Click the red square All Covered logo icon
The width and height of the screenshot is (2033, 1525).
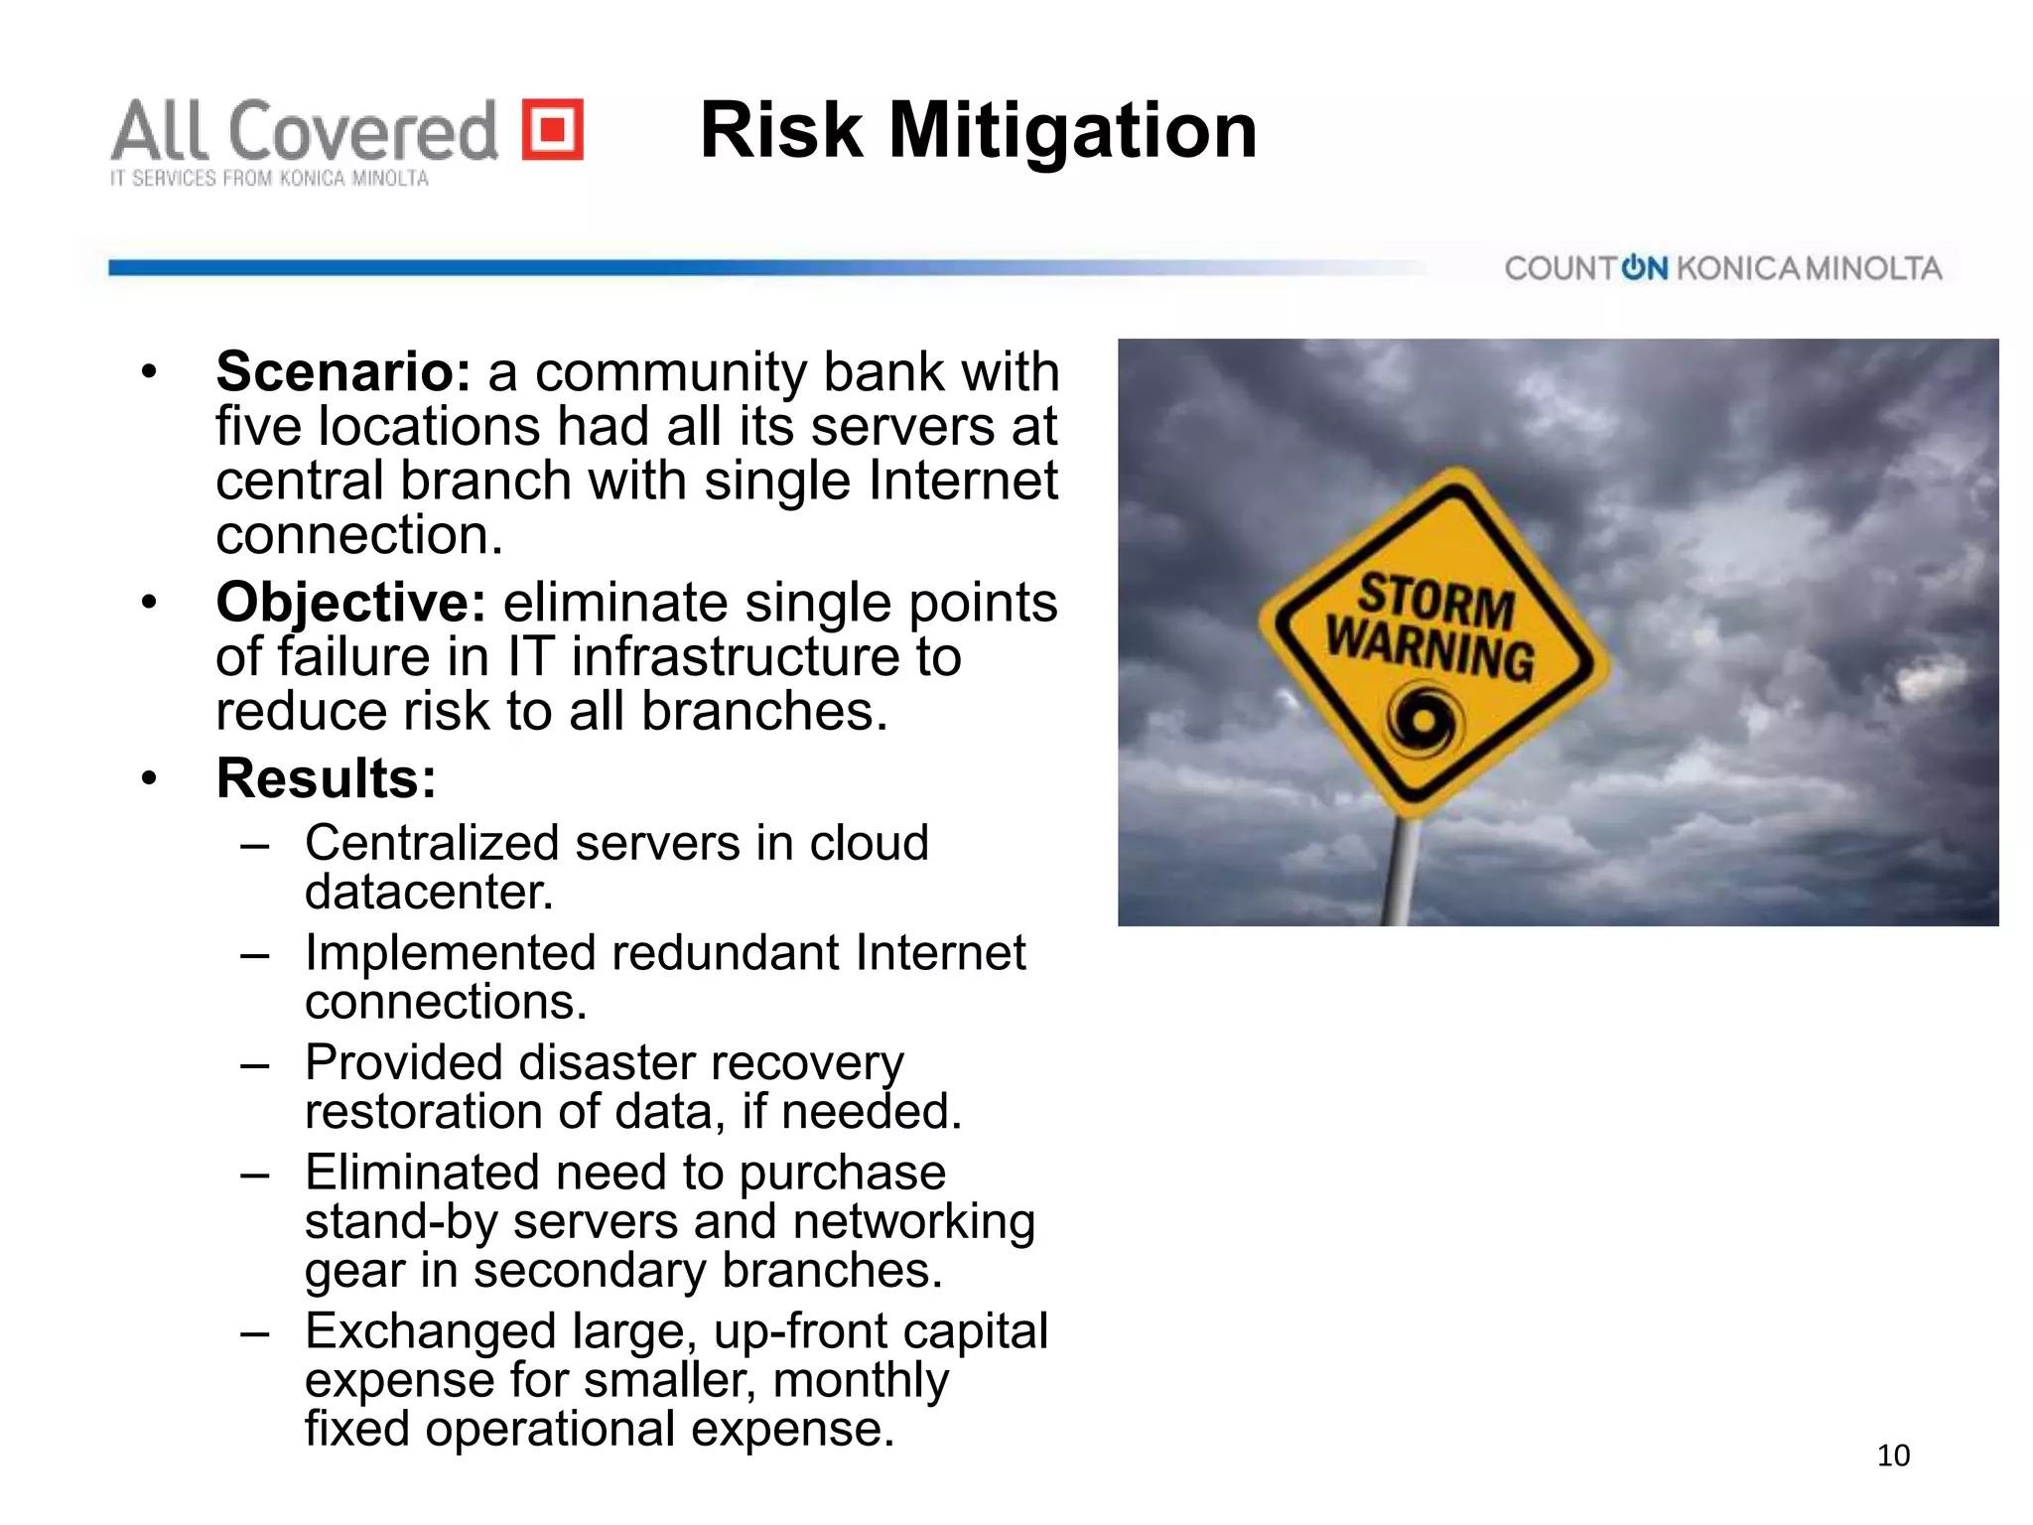(x=553, y=129)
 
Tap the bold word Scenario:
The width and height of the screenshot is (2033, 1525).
(x=342, y=372)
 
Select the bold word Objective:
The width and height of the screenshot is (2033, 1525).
(x=350, y=603)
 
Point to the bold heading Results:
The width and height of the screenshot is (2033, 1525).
(x=326, y=777)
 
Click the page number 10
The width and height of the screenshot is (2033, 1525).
(x=1893, y=1456)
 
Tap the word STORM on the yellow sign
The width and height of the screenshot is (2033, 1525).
(x=1435, y=599)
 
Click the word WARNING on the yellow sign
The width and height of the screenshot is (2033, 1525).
(x=1429, y=648)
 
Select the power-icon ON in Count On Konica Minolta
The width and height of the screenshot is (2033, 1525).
(x=1644, y=268)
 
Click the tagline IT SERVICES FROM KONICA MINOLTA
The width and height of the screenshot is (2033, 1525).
(x=269, y=179)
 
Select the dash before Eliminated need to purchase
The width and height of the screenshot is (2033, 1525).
(x=254, y=1174)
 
